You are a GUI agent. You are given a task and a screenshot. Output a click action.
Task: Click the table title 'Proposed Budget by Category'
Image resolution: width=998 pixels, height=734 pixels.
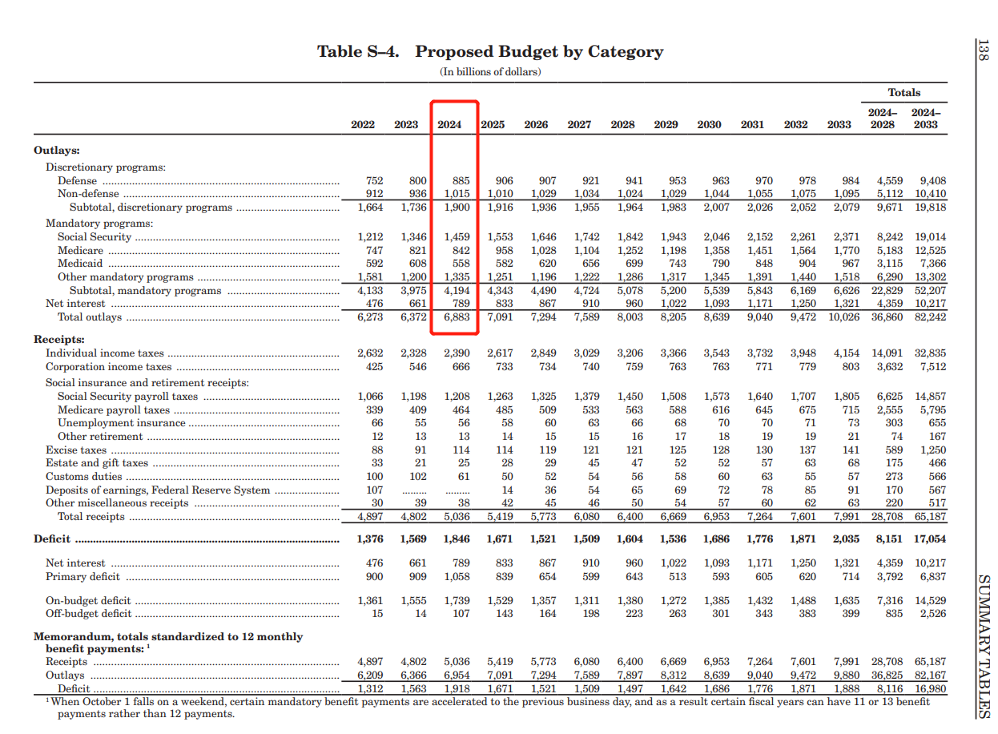(538, 52)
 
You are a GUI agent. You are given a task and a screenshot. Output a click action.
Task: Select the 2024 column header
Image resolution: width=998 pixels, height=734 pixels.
(449, 124)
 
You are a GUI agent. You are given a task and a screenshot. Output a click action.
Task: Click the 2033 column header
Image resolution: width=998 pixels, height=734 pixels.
(839, 124)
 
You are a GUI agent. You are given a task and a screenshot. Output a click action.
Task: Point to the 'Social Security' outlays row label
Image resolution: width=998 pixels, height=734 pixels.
(94, 237)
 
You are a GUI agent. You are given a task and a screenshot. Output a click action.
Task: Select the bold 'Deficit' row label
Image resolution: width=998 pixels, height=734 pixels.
(52, 539)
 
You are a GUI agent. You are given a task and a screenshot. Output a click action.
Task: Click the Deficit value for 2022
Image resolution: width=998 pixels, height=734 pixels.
(369, 539)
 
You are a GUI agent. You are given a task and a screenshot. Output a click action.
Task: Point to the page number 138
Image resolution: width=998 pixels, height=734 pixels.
(984, 50)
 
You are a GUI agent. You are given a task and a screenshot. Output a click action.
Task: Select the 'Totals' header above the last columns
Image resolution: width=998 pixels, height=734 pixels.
(903, 92)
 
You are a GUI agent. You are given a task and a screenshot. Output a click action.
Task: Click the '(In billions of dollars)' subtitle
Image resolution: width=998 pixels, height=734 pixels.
(490, 72)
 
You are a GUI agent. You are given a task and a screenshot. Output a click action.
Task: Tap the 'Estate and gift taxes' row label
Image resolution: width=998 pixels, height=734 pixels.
(97, 463)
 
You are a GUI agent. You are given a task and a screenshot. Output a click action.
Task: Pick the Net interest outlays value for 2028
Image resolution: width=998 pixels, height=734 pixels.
(634, 304)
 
